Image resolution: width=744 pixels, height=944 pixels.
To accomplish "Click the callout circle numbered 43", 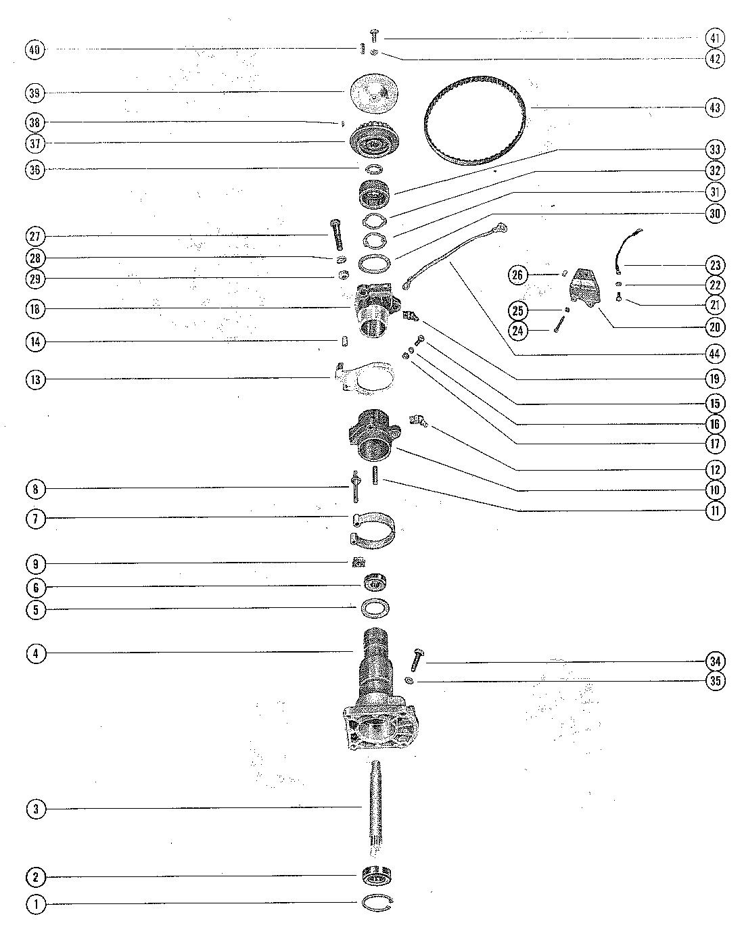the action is tap(715, 108).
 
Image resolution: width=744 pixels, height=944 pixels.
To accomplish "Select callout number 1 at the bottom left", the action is tap(37, 904).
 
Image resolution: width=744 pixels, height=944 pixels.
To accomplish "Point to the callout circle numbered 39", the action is tap(37, 92).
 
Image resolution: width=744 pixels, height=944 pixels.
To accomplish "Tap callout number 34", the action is tap(715, 661).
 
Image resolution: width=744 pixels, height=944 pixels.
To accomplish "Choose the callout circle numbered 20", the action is tap(715, 327).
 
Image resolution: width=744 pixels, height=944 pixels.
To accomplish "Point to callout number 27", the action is tap(37, 237).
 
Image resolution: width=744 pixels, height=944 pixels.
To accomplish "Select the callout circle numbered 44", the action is tap(715, 353).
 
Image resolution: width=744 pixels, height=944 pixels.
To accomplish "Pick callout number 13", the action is tap(37, 379).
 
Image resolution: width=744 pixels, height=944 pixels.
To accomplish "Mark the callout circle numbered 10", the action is tap(715, 490).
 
